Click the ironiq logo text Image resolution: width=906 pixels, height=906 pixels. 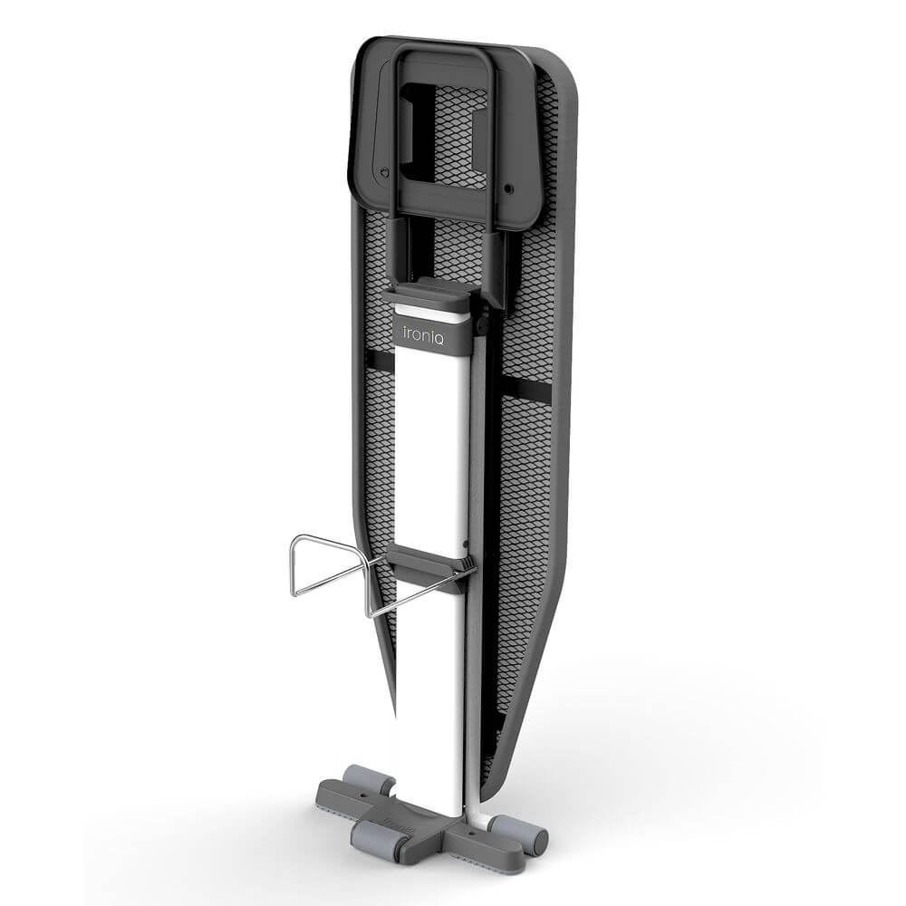pyautogui.click(x=423, y=335)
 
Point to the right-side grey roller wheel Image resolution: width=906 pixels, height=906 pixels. pyautogui.click(x=517, y=829)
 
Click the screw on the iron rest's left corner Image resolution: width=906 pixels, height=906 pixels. pyautogui.click(x=383, y=172)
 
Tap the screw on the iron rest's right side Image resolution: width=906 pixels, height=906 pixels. pyautogui.click(x=508, y=188)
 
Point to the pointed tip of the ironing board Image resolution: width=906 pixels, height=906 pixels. pyautogui.click(x=397, y=717)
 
